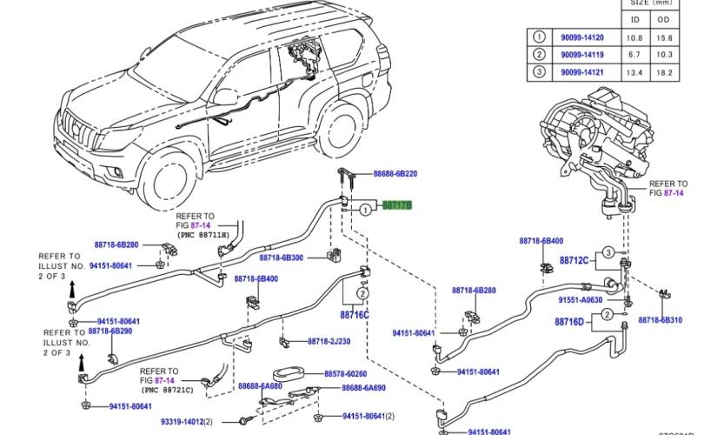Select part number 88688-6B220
click(395, 174)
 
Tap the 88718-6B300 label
click(280, 258)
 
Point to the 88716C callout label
click(354, 314)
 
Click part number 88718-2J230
click(329, 341)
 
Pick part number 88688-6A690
click(364, 387)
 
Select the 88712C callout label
click(574, 260)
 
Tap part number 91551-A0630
click(581, 299)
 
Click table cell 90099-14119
click(581, 55)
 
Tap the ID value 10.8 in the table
click(636, 38)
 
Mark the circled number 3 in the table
click(540, 71)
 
